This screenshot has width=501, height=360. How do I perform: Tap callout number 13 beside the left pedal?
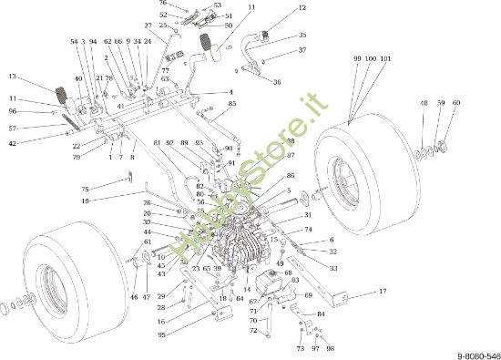(12, 76)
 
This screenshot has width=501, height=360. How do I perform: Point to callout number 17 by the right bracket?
(383, 291)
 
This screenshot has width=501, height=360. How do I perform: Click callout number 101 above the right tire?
(386, 57)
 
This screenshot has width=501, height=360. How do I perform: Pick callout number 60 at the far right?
(456, 103)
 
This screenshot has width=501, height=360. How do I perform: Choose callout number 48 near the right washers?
(424, 103)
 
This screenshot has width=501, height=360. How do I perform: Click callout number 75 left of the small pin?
(85, 189)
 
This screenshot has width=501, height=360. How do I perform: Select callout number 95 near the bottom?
(161, 334)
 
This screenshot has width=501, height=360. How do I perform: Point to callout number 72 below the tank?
(255, 330)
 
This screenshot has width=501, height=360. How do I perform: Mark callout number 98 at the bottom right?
(330, 348)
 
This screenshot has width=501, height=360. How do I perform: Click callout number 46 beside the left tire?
(133, 297)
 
